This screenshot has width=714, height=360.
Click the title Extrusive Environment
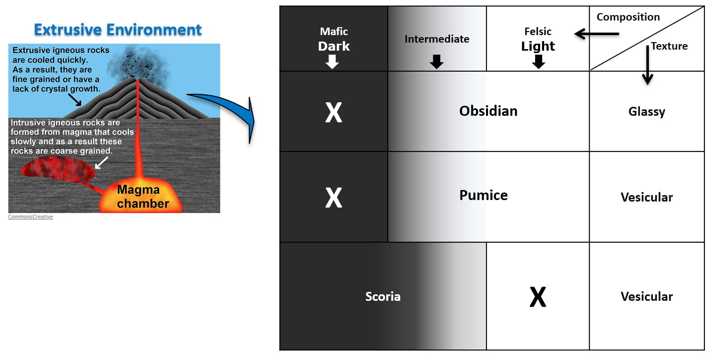(118, 30)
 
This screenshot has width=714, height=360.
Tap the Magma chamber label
(143, 197)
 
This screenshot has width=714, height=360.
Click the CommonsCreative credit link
(31, 217)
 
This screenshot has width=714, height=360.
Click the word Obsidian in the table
(488, 111)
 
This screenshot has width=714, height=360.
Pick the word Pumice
(484, 195)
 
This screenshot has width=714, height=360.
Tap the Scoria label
(383, 296)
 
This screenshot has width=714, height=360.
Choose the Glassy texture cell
(646, 111)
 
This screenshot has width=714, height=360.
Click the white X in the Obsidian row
(334, 113)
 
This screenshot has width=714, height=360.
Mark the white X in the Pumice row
(334, 198)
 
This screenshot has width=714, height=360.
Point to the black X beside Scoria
(538, 298)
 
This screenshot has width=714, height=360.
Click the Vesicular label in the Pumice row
(646, 197)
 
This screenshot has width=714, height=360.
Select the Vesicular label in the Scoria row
(646, 296)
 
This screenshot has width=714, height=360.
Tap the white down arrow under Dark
(332, 62)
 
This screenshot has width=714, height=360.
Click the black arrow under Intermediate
(436, 62)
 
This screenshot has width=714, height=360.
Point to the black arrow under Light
(539, 62)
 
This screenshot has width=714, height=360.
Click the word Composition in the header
(628, 17)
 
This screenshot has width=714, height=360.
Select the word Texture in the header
(669, 46)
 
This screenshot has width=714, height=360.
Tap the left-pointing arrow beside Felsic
(596, 34)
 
